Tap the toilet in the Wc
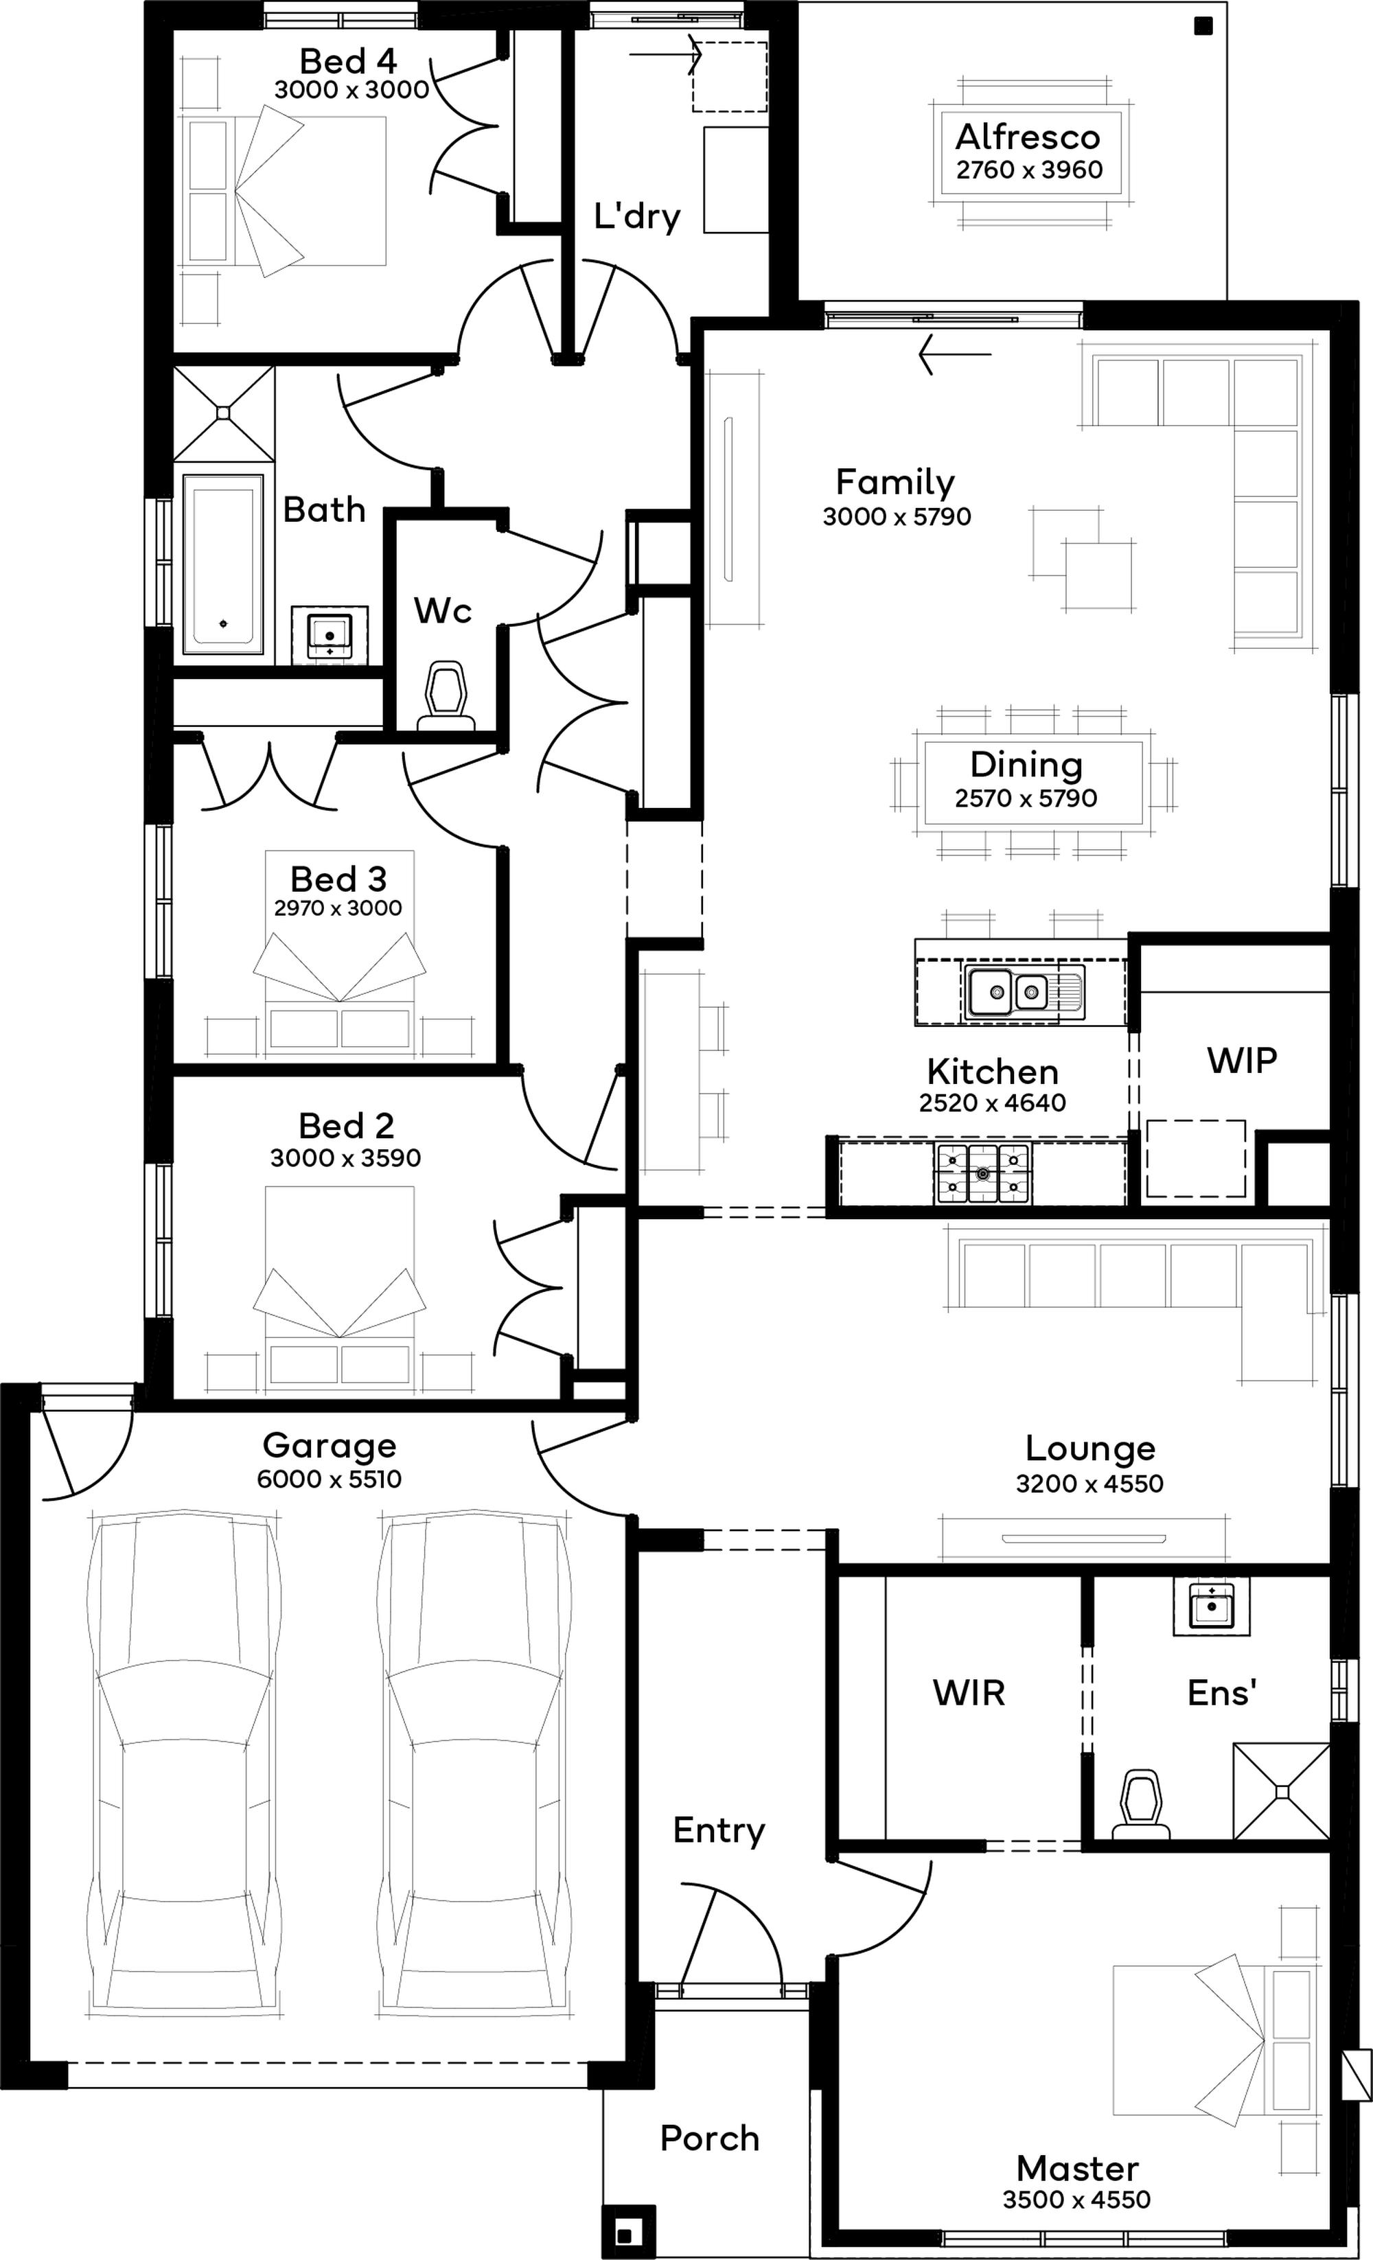point(447,696)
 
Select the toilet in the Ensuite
point(1141,1804)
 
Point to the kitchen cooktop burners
point(982,1173)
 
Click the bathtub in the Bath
point(223,565)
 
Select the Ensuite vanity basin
point(1211,1608)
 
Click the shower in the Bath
point(224,413)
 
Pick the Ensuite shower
point(1281,1791)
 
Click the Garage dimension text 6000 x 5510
point(330,1479)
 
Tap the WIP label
point(1242,1060)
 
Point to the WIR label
point(969,1692)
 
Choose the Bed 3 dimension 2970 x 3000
point(338,908)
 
